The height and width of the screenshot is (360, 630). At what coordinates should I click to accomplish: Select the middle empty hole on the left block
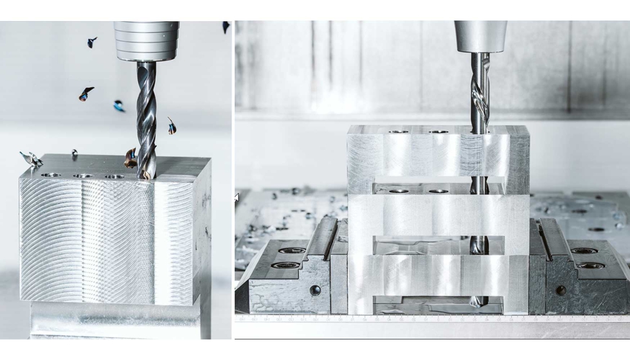click(x=82, y=175)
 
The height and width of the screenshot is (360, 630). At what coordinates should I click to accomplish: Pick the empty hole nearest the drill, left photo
click(x=114, y=176)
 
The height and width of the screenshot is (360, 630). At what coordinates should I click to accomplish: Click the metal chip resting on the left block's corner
click(x=31, y=158)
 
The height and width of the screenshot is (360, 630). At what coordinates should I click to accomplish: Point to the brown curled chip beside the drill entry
click(x=130, y=158)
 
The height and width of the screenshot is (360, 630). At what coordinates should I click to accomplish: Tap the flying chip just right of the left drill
click(x=172, y=126)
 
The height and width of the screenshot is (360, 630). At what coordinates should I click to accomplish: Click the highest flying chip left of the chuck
click(x=92, y=42)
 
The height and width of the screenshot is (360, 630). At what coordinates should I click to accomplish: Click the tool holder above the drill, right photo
click(x=480, y=36)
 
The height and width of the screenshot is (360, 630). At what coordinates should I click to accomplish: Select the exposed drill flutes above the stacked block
click(x=480, y=90)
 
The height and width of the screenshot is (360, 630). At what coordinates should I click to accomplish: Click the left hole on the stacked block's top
click(x=399, y=132)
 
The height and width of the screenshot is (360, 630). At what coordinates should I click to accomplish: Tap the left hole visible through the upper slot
click(x=399, y=190)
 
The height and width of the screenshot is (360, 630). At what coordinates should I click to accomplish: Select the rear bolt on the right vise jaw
click(x=584, y=251)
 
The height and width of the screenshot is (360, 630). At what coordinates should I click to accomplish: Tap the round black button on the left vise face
click(x=315, y=290)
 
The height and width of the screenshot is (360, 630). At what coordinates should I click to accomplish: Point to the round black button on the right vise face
click(x=560, y=290)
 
